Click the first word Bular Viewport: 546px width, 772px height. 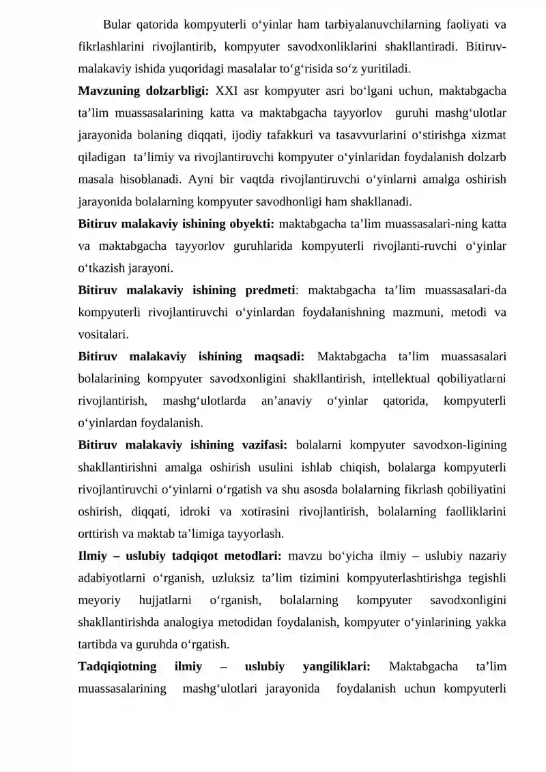click(117, 26)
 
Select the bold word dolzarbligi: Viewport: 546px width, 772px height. click(177, 91)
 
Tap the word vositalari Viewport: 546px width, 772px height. click(103, 334)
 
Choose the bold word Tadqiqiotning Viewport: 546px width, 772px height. click(117, 666)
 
